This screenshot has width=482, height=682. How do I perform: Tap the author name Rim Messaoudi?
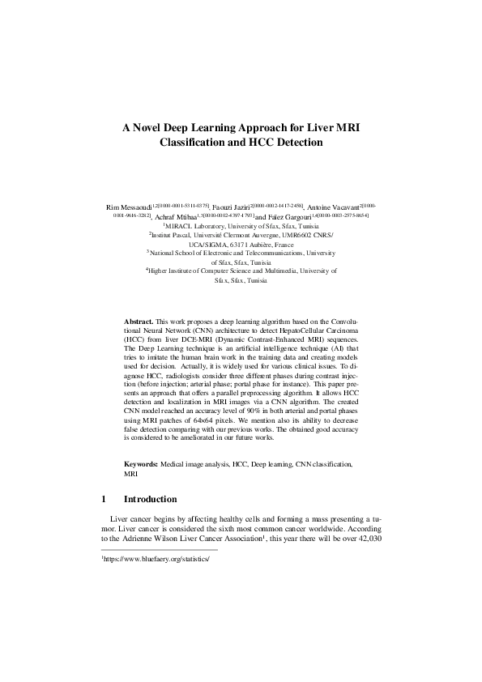coord(130,208)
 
